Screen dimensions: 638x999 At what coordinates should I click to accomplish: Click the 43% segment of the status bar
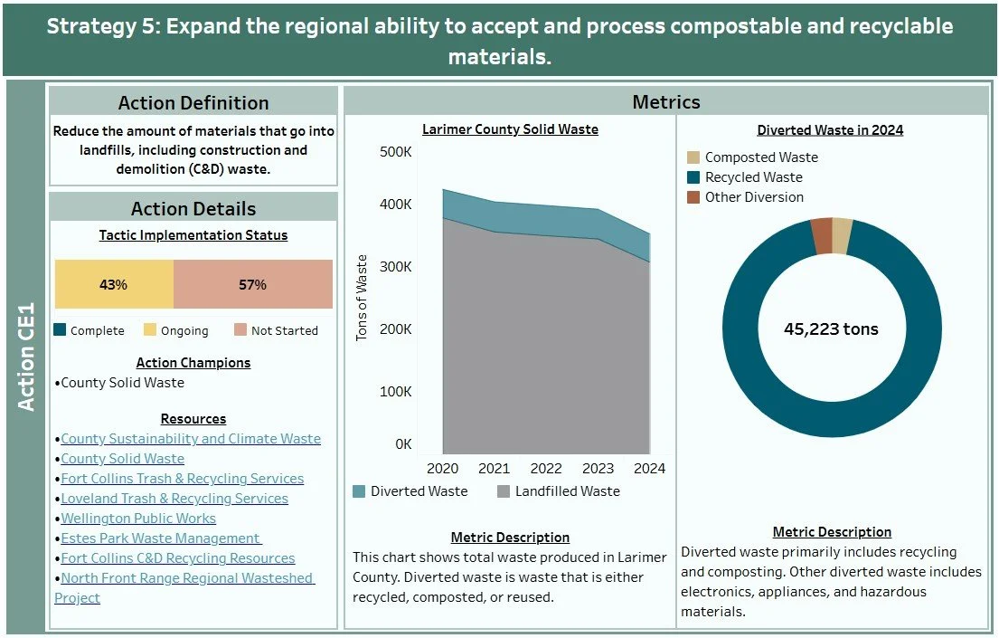click(x=114, y=284)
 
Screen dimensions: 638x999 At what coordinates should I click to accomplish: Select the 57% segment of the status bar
click(x=252, y=284)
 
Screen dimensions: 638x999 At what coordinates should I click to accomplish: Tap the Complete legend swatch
click(x=61, y=330)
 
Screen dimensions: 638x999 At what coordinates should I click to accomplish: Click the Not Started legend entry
click(x=276, y=330)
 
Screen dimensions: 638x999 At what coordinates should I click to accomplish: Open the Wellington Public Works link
click(x=138, y=519)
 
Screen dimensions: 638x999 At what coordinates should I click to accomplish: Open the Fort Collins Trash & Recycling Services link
click(x=182, y=479)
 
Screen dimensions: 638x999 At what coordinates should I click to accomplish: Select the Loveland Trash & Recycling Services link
click(x=174, y=499)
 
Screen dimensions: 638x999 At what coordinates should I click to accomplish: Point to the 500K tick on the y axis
click(x=395, y=152)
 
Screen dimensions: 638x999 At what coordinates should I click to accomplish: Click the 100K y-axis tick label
click(x=395, y=391)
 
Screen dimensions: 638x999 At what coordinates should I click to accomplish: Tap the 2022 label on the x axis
click(x=546, y=469)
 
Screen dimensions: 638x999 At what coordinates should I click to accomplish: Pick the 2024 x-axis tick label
click(x=649, y=469)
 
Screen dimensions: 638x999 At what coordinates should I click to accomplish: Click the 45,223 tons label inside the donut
click(x=831, y=329)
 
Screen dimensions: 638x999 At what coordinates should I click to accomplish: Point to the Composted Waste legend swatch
click(x=693, y=157)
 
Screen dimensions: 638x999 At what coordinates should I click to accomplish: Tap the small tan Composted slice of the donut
click(x=842, y=235)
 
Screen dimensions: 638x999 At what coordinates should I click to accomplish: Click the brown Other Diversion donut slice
click(x=821, y=236)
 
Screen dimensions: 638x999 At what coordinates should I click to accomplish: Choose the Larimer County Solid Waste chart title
click(x=510, y=129)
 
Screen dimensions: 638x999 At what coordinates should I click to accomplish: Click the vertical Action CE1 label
click(x=26, y=357)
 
